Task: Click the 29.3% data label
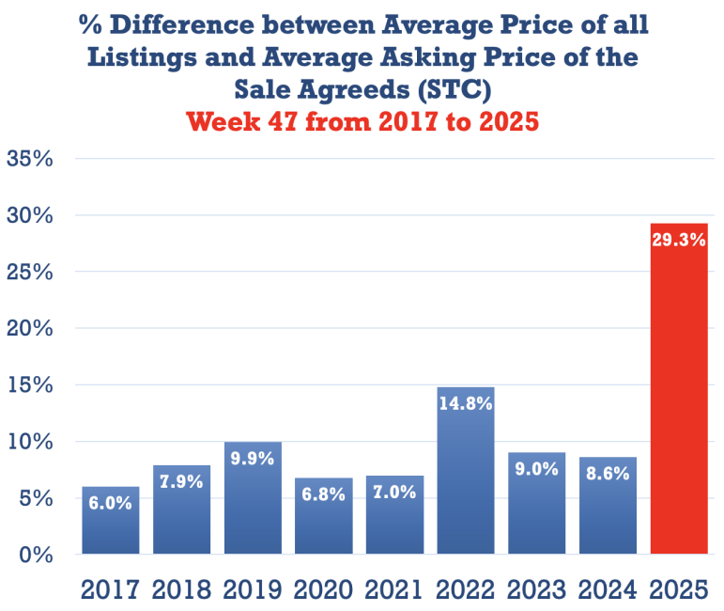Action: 678,240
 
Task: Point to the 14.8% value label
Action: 466,403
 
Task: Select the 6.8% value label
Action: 324,493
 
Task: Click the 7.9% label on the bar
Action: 182,482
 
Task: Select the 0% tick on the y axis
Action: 35,555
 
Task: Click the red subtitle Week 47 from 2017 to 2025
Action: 362,121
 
